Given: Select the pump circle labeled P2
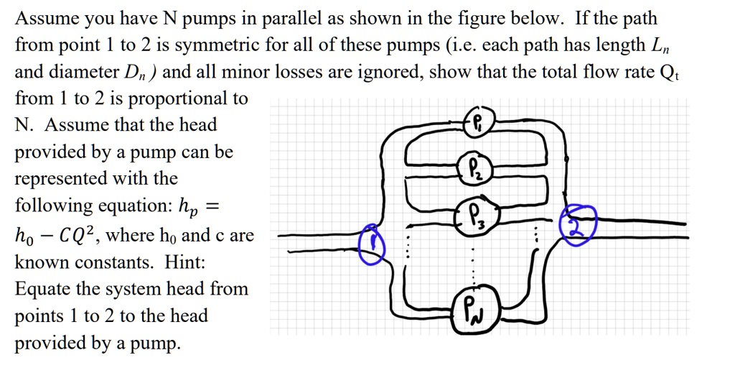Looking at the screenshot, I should [x=476, y=169].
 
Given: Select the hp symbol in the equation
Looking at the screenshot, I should [x=186, y=208].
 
